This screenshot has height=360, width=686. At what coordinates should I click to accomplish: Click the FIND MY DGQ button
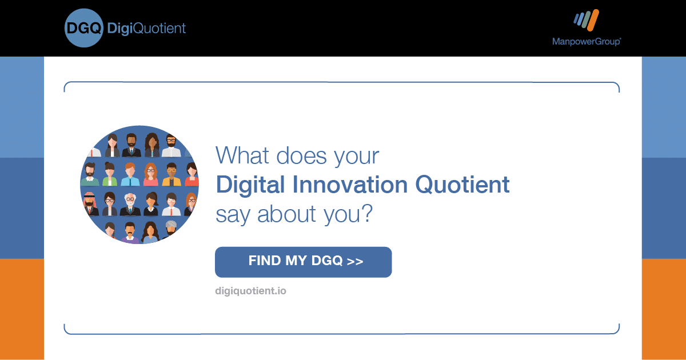(x=303, y=262)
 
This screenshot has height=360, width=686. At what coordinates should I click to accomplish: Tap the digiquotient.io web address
(x=250, y=291)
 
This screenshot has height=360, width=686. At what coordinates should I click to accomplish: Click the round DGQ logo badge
(x=83, y=28)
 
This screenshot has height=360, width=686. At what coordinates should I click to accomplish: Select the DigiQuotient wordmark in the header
(x=146, y=29)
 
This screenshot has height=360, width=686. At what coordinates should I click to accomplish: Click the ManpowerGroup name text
(x=587, y=42)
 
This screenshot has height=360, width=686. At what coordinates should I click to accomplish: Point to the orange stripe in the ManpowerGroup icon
(x=593, y=20)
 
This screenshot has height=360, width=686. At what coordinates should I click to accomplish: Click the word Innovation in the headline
(x=350, y=185)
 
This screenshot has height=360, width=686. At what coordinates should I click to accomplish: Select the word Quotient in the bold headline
(x=462, y=185)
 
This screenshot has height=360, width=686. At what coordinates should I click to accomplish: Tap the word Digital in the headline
(x=250, y=185)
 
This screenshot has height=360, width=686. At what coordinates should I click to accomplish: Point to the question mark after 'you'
(x=366, y=213)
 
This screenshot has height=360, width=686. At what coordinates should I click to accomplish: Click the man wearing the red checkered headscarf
(x=90, y=204)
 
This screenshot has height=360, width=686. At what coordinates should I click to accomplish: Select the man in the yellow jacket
(x=171, y=174)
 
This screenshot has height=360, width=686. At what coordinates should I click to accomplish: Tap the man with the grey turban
(x=171, y=229)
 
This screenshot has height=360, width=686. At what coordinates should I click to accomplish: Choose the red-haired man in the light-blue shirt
(x=130, y=174)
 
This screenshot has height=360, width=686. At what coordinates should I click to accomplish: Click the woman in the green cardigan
(x=109, y=174)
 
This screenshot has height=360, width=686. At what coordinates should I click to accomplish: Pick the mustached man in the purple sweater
(x=130, y=233)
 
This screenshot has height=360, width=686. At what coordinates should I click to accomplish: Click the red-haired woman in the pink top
(x=151, y=174)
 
